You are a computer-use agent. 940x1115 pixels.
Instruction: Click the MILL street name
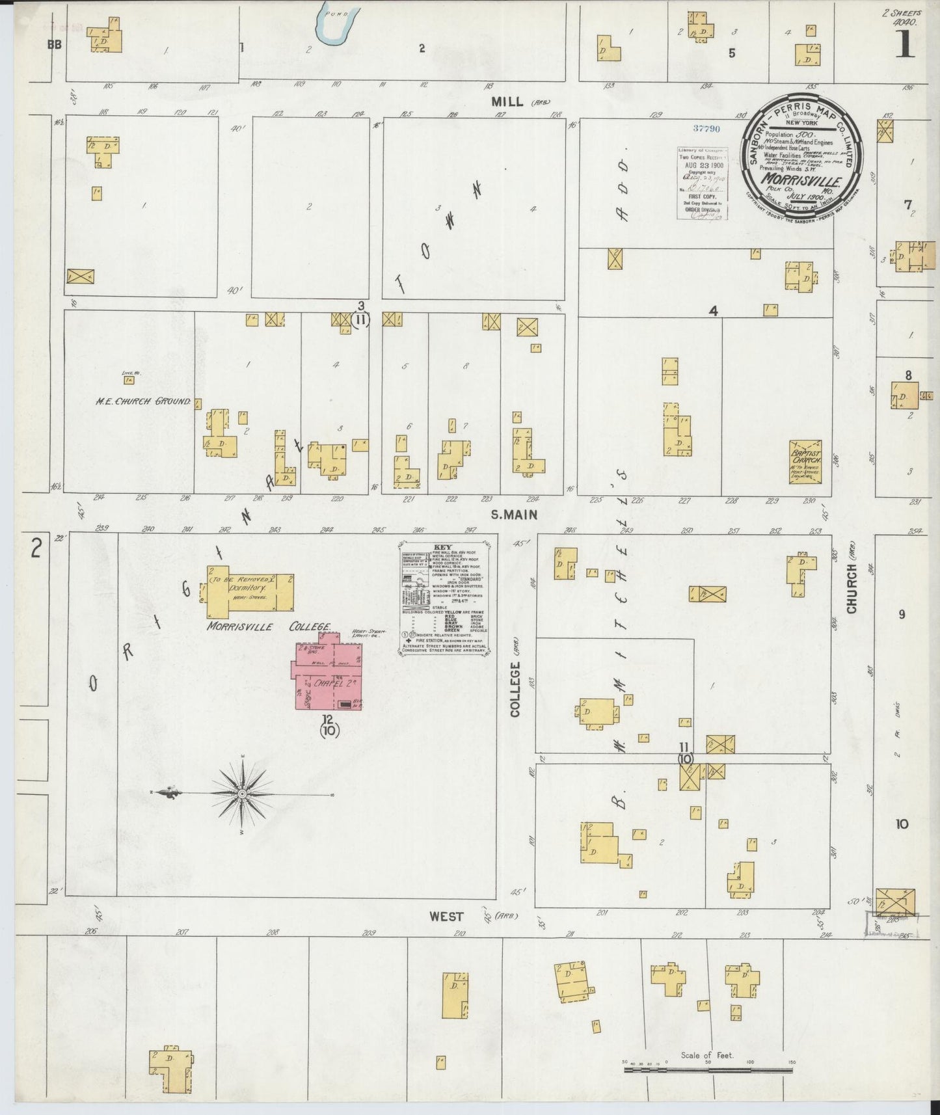(x=507, y=101)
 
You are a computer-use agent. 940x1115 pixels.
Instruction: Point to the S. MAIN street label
(x=513, y=515)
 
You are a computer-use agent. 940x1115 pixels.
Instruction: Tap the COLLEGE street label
(x=516, y=689)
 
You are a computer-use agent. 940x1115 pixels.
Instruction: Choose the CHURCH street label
(x=852, y=588)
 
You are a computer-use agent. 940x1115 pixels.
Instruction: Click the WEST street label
(x=446, y=916)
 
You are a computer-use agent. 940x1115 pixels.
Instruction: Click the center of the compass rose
(x=242, y=794)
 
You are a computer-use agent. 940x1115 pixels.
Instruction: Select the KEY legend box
(x=444, y=597)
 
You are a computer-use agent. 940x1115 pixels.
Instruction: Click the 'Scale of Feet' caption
(x=706, y=1055)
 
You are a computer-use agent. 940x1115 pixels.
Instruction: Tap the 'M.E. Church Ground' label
(x=144, y=401)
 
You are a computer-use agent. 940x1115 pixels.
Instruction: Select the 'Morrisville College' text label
(x=269, y=627)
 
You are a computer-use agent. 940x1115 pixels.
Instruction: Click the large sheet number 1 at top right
(x=905, y=46)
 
